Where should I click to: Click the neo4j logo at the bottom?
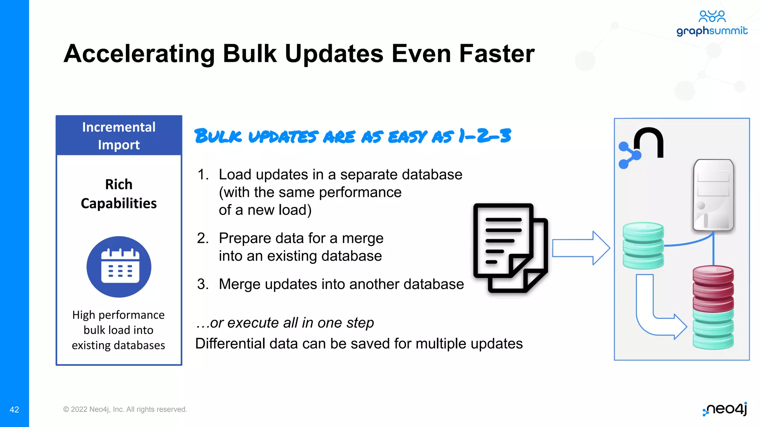[x=725, y=409]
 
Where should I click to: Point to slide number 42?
[x=14, y=410]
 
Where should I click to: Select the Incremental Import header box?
[x=119, y=136]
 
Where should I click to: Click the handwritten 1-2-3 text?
[x=484, y=136]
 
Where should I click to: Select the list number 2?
[x=203, y=238]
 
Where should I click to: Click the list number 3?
[x=203, y=284]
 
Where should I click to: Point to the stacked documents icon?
[x=510, y=248]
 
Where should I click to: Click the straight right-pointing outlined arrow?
[x=581, y=248]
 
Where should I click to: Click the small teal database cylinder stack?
[x=643, y=245]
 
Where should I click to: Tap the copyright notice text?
[x=125, y=409]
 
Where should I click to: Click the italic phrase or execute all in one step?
[x=285, y=323]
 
